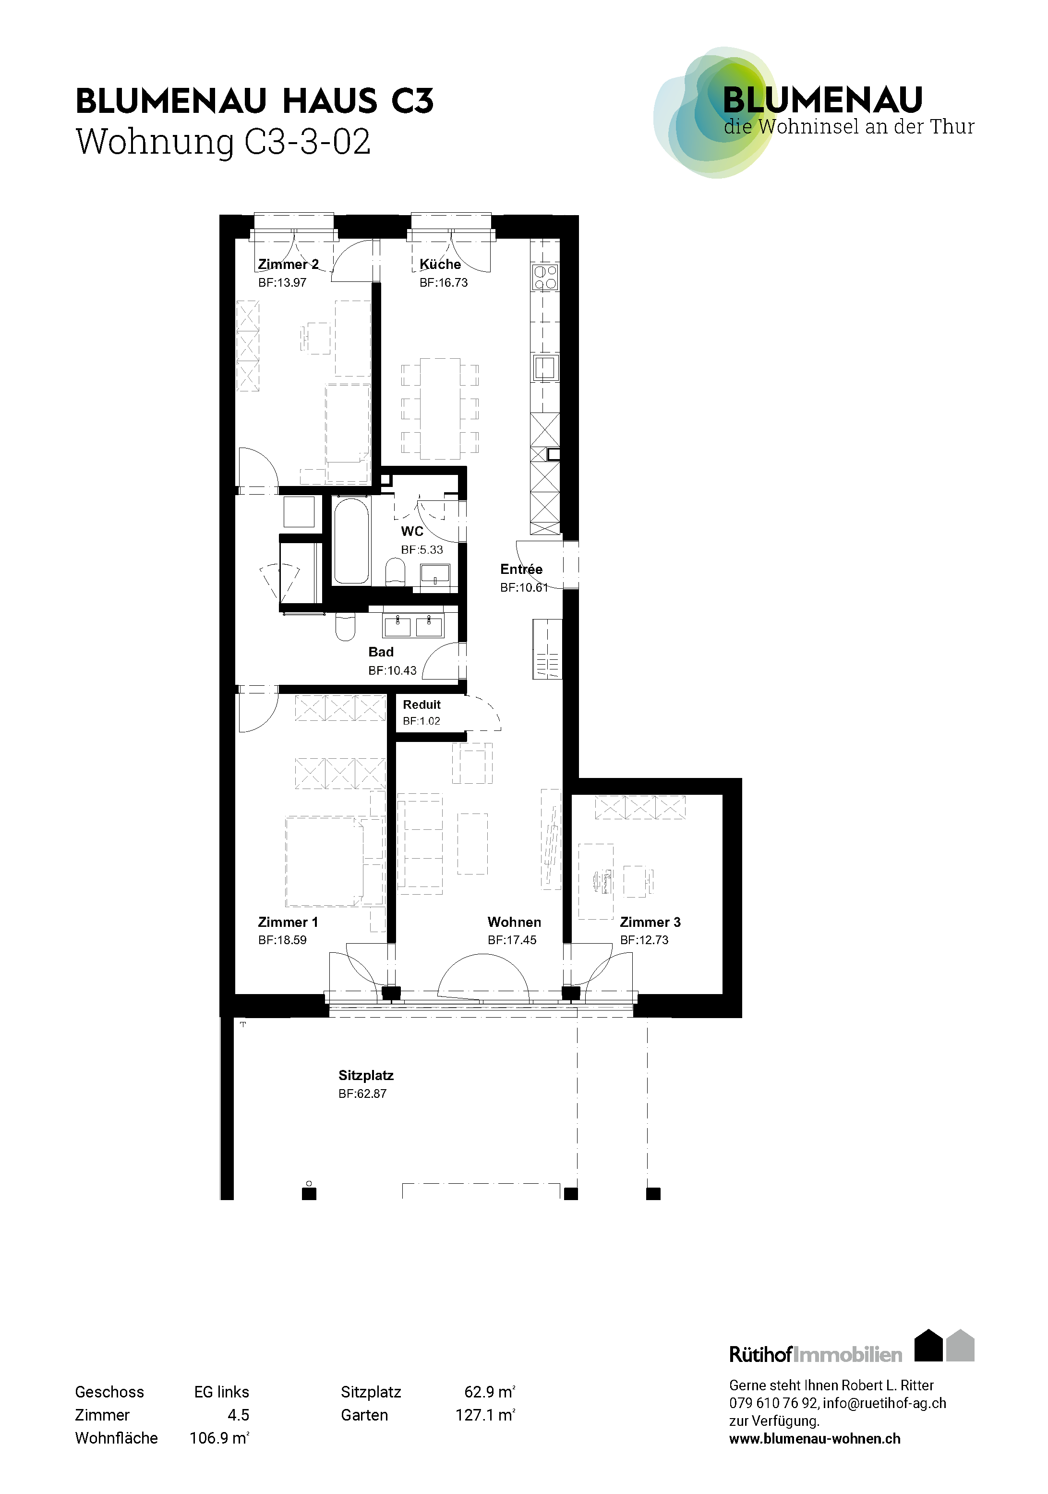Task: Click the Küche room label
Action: [440, 264]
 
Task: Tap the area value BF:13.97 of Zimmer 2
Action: [282, 282]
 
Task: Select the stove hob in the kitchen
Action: [545, 277]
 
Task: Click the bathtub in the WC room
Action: [351, 541]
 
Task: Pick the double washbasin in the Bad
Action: [413, 626]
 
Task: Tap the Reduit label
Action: [422, 704]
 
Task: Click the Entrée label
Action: [521, 570]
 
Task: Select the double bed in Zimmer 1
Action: [324, 862]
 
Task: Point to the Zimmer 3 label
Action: [650, 922]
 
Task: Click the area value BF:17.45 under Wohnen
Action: [512, 940]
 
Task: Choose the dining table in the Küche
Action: [440, 409]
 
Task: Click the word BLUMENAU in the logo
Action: [823, 100]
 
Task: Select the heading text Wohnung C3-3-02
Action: [223, 141]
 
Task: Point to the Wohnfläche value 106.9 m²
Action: [219, 1437]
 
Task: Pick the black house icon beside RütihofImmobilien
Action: [928, 1346]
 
